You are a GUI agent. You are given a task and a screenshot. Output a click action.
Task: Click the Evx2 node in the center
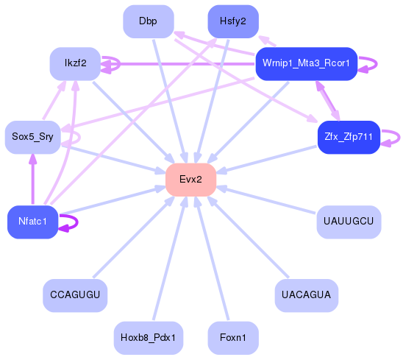[x=190, y=180]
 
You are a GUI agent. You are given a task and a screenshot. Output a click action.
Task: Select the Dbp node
[x=148, y=21]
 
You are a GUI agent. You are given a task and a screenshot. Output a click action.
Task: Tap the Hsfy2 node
[x=232, y=21]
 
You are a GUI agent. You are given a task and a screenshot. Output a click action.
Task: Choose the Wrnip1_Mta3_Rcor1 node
[x=305, y=64]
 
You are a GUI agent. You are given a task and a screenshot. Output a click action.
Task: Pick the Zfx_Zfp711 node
[x=348, y=137]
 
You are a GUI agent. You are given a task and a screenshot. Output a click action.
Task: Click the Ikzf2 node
[x=75, y=64]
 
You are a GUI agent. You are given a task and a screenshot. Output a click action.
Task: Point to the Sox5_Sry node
[x=32, y=137]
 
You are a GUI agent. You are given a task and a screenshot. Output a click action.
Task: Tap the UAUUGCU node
[x=349, y=222]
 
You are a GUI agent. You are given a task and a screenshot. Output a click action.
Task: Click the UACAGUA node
[x=306, y=295]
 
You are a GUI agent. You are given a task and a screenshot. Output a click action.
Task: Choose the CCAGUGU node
[x=75, y=295]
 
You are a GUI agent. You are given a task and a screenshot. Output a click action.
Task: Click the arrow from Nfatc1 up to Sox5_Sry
[x=32, y=180]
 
